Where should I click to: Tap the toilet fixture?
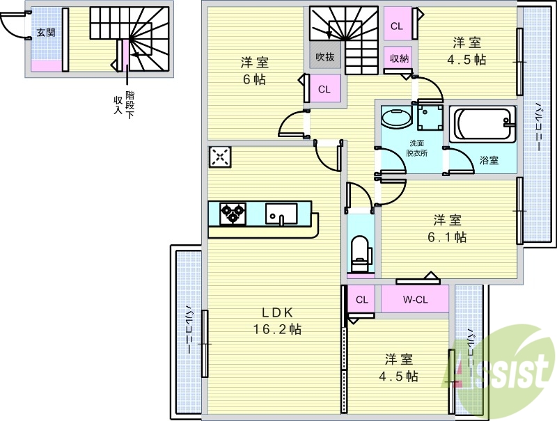[360, 255]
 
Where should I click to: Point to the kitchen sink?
[282, 212]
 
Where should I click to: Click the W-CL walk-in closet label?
[415, 300]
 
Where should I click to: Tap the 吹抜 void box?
[324, 57]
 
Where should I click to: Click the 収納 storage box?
[399, 58]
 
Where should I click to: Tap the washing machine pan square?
[431, 118]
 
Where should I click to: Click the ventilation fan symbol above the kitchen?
[220, 157]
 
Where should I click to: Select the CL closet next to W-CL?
[361, 300]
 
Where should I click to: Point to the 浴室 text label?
[489, 161]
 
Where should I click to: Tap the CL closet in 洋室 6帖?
[324, 89]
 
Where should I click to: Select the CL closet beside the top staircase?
[397, 26]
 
